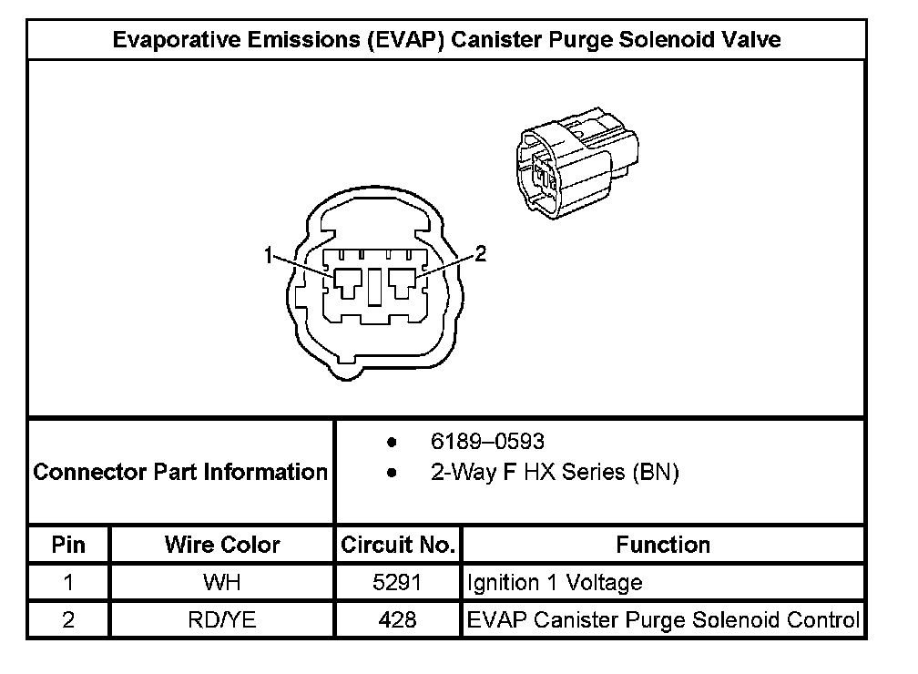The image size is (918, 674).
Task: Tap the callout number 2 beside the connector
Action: pos(481,255)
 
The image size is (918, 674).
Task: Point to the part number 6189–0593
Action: pos(487,442)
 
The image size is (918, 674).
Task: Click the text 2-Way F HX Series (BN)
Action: pos(555,473)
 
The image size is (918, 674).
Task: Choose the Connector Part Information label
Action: pos(180,472)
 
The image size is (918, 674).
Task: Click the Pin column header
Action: pos(69,545)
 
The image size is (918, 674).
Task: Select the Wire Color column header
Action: pos(222,545)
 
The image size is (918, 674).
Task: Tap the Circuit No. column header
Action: pos(398,545)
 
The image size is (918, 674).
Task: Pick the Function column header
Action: pos(663,545)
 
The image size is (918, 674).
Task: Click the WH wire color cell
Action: pos(222,582)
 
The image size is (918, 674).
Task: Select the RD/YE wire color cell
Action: pos(222,619)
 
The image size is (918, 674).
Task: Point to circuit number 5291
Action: pos(398,582)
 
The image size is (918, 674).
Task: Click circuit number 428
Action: pos(398,619)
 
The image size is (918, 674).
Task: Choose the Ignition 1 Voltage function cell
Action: pos(555,582)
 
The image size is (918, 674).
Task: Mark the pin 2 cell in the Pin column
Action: pos(69,619)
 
